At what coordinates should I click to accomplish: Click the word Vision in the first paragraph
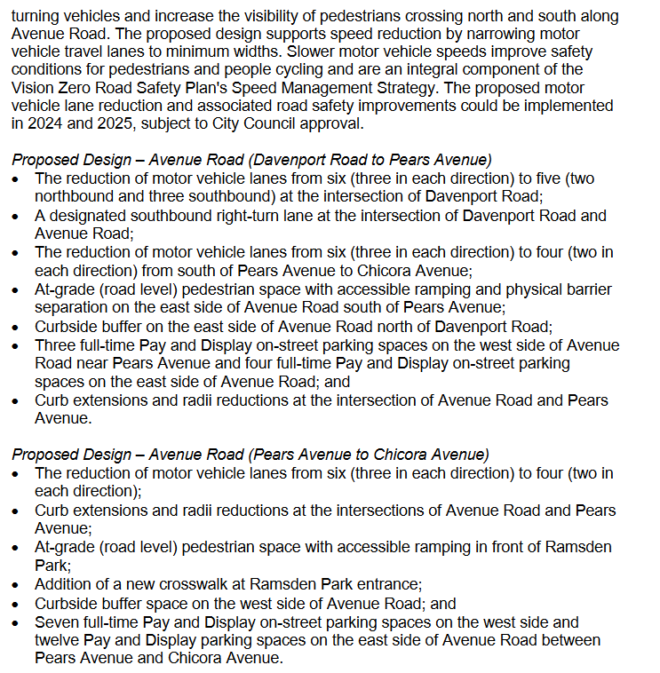tap(33, 87)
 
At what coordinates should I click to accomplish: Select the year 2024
tap(34, 123)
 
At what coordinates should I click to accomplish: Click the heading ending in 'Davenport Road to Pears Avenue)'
tap(251, 160)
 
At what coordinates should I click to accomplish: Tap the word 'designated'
tap(90, 216)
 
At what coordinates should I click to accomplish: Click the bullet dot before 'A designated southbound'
tap(17, 216)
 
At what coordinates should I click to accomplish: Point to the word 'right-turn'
tap(253, 216)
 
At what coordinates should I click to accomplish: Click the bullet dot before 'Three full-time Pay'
tap(17, 345)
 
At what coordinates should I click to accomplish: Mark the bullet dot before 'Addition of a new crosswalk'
tap(17, 584)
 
